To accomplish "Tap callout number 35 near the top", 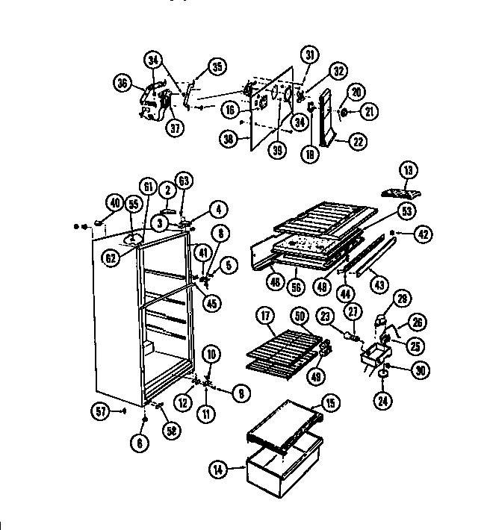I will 217,67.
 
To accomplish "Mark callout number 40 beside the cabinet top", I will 114,202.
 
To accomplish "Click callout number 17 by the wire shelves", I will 267,316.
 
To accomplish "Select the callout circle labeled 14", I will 217,470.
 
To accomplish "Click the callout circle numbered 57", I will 102,409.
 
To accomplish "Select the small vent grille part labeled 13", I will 399,192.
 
